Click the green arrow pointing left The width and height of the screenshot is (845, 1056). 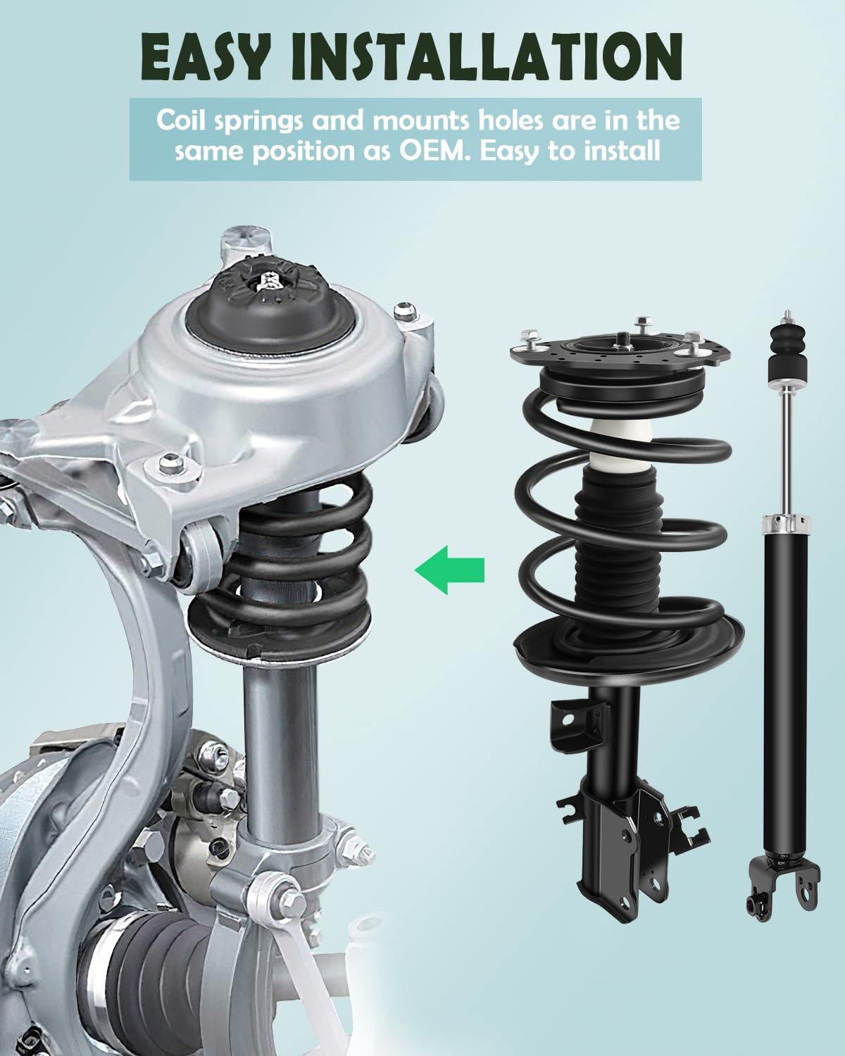point(449,569)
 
